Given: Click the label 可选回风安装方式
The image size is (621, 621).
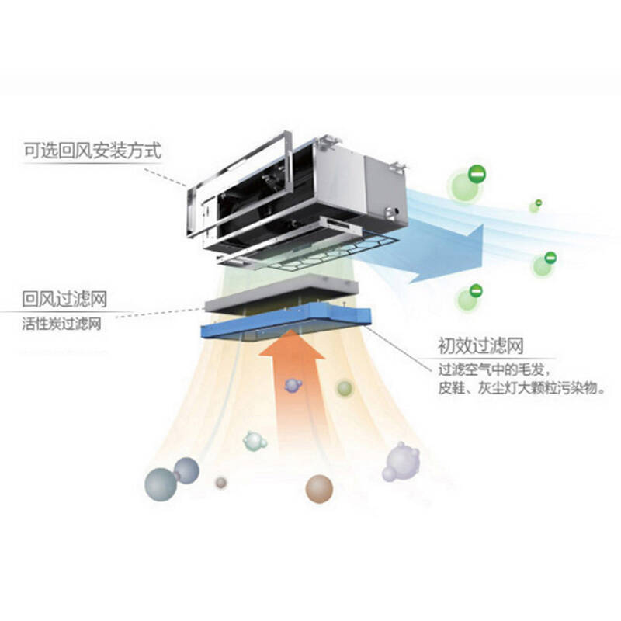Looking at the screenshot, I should (92, 150).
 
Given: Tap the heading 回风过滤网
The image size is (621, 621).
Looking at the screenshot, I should (64, 298).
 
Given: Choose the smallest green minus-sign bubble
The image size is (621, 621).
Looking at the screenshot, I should (536, 206).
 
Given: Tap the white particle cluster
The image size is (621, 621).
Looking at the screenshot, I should (401, 461).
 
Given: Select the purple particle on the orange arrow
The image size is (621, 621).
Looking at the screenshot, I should (293, 384).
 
